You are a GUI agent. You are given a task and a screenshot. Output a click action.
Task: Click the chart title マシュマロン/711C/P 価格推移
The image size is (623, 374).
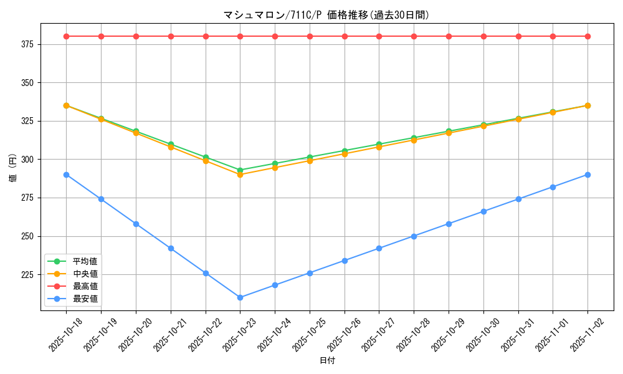pyautogui.click(x=326, y=15)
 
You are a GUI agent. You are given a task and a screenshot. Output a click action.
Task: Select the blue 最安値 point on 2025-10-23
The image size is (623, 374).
pyautogui.click(x=240, y=297)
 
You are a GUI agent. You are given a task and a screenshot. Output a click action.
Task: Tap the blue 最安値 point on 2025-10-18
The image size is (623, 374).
pyautogui.click(x=66, y=175)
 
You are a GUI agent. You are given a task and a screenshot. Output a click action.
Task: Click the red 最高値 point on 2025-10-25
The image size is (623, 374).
pyautogui.click(x=310, y=36)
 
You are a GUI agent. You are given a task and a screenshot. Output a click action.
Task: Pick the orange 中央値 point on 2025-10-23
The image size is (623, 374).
pyautogui.click(x=240, y=175)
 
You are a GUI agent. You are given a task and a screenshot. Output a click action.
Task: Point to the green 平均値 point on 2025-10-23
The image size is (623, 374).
pyautogui.click(x=240, y=170)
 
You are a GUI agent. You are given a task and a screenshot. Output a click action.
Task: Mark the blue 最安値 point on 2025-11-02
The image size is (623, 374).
pyautogui.click(x=587, y=175)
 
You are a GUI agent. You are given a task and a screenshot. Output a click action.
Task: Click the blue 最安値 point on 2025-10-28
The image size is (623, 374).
pyautogui.click(x=414, y=236)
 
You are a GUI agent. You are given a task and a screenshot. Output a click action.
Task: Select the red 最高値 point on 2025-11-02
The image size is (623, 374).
pyautogui.click(x=587, y=36)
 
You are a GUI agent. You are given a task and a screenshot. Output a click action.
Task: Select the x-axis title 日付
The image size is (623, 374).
pyautogui.click(x=327, y=361)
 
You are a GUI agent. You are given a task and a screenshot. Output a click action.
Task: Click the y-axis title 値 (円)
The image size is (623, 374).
pyautogui.click(x=12, y=168)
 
